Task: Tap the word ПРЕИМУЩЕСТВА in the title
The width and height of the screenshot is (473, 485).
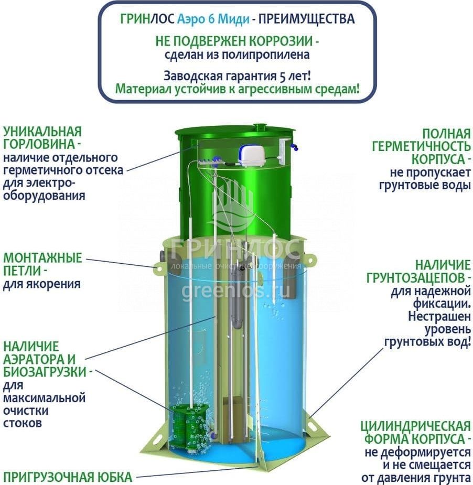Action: pyautogui.click(x=306, y=19)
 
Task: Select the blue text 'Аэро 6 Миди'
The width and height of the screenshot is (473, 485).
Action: pyautogui.click(x=213, y=19)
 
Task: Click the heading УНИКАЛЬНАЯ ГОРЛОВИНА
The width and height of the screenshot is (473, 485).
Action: pyautogui.click(x=42, y=138)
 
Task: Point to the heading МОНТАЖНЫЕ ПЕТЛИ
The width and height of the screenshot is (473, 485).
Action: pyautogui.click(x=42, y=264)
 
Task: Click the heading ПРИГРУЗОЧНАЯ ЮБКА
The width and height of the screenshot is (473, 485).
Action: pyautogui.click(x=68, y=477)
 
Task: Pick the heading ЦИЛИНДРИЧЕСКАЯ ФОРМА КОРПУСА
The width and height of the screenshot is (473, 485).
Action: pyautogui.click(x=415, y=433)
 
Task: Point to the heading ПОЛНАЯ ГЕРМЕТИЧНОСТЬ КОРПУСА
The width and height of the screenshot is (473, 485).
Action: pyautogui.click(x=421, y=146)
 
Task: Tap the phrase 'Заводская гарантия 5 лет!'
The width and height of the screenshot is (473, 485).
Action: pyautogui.click(x=237, y=76)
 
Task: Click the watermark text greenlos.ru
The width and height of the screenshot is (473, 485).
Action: pyautogui.click(x=236, y=292)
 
